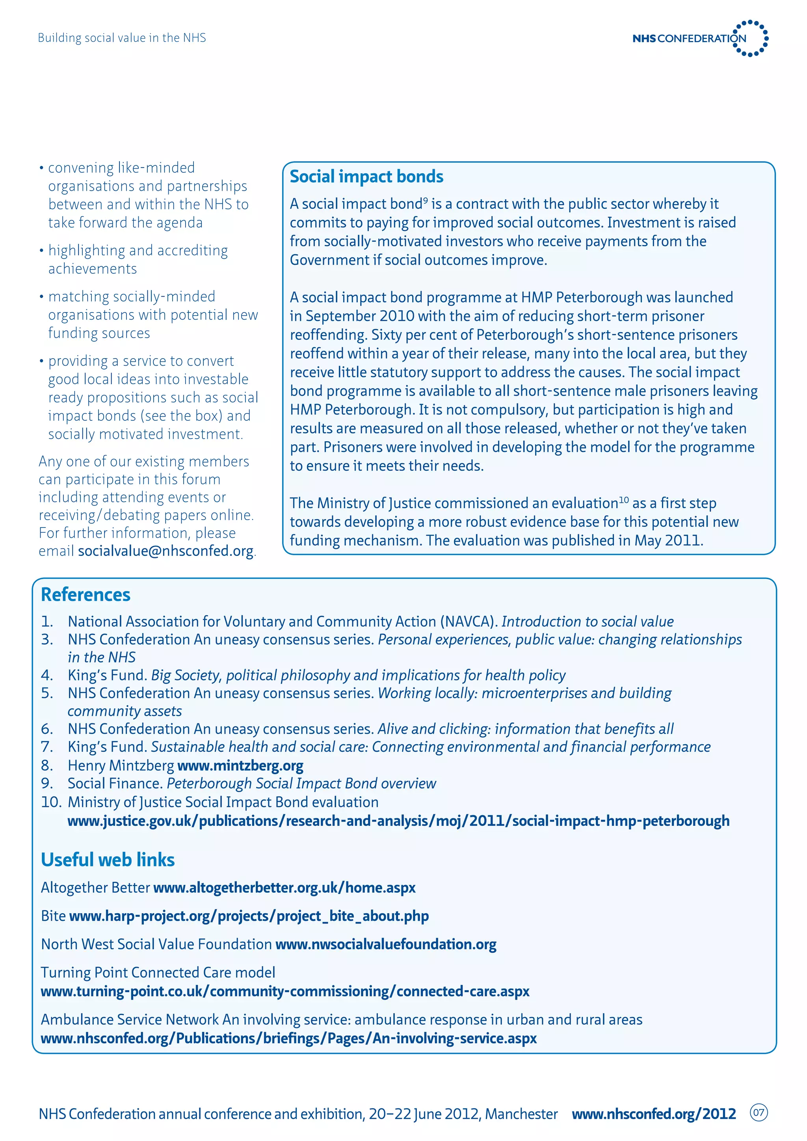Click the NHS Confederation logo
click(x=700, y=38)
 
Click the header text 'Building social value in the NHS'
click(x=122, y=38)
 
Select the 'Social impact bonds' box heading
click(x=366, y=177)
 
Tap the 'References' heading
click(x=86, y=595)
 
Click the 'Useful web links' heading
click(x=108, y=860)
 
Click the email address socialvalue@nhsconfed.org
click(x=165, y=551)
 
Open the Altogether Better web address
click(x=284, y=888)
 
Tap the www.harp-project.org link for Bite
click(x=249, y=916)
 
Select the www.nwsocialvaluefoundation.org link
click(x=386, y=944)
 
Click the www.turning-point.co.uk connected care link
click(x=285, y=991)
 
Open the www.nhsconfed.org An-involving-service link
click(x=289, y=1038)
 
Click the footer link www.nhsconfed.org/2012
click(x=653, y=1114)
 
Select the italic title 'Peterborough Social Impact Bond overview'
click(x=301, y=784)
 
